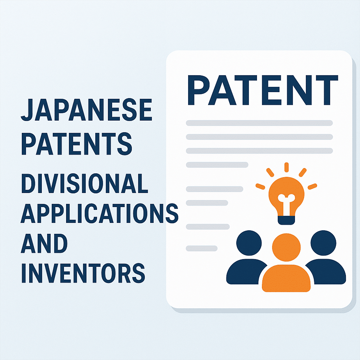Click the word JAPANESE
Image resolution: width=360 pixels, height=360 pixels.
point(86,110)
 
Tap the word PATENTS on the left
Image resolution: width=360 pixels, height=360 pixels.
point(77,144)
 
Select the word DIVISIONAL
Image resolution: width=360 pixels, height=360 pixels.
point(84,184)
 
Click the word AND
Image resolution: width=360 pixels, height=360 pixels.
point(44,243)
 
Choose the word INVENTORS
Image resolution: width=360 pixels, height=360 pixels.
point(83,273)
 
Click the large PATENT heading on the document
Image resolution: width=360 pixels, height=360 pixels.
point(263,90)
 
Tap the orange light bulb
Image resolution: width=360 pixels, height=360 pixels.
point(286,198)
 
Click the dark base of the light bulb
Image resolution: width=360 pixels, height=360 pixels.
point(286,220)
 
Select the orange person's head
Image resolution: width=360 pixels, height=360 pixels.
point(286,247)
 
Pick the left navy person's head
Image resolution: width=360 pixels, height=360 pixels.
point(249,243)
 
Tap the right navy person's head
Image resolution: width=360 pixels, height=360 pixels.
point(323,243)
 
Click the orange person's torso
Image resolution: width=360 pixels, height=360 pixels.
point(286,278)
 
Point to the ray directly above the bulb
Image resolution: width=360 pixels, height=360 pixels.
point(286,167)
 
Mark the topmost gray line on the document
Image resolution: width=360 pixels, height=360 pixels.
point(259,123)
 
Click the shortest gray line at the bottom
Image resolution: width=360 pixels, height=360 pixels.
point(201,249)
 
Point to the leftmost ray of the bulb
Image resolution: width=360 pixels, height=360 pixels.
point(261,186)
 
